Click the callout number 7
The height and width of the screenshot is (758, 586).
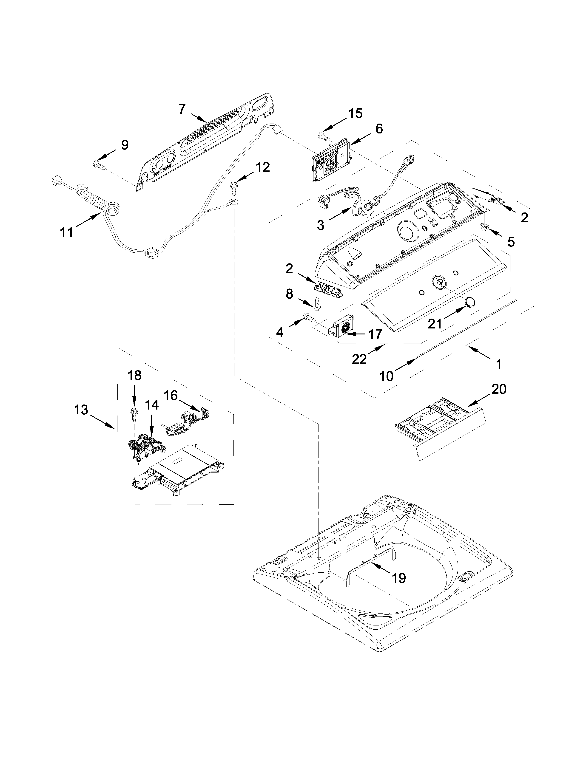click(x=182, y=109)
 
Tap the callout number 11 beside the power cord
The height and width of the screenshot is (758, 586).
click(x=66, y=232)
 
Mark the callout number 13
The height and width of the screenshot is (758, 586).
click(x=81, y=410)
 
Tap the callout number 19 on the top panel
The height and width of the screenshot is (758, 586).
click(x=398, y=578)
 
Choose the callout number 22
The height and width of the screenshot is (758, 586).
click(x=359, y=359)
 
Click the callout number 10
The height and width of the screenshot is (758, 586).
click(x=386, y=376)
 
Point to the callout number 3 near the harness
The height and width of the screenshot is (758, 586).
click(x=320, y=225)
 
